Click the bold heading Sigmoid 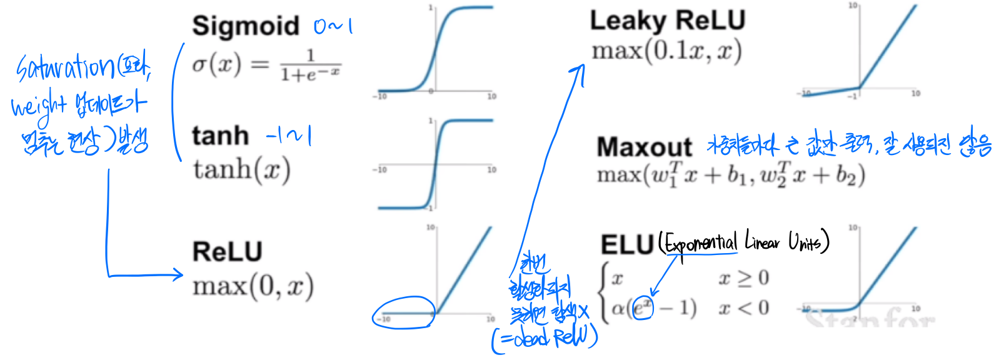click(246, 26)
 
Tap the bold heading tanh click(220, 136)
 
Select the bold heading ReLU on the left click(227, 252)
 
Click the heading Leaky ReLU click(668, 21)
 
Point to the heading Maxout click(644, 147)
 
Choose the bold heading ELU click(627, 244)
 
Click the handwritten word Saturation click(66, 67)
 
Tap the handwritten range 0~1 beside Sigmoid click(333, 26)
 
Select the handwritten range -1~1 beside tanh click(288, 136)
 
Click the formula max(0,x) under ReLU click(253, 287)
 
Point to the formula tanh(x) click(241, 169)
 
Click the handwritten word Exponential click(701, 242)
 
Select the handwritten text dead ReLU click(550, 338)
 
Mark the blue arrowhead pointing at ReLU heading click(179, 274)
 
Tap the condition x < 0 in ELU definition click(743, 307)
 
